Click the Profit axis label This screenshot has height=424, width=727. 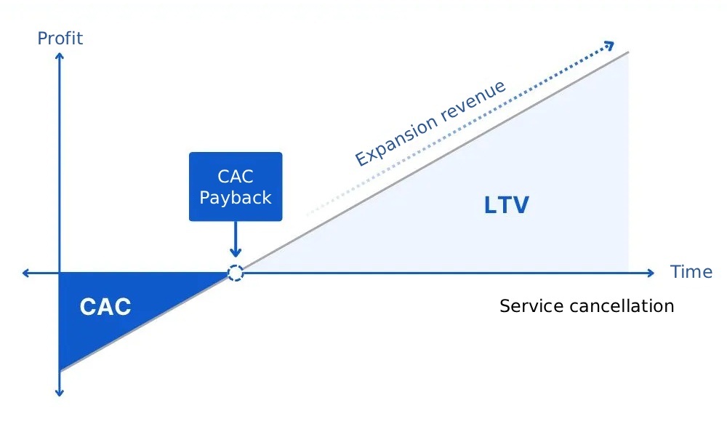click(60, 38)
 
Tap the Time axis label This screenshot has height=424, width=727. click(691, 272)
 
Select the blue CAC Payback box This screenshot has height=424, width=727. click(235, 186)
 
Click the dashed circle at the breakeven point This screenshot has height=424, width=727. click(235, 273)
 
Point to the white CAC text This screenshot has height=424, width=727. click(105, 307)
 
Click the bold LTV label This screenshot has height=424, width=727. click(506, 206)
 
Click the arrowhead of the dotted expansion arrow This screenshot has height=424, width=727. click(610, 46)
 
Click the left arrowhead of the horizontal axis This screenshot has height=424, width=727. click(26, 273)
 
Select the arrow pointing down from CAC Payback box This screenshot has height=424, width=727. click(235, 240)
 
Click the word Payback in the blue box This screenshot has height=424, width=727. click(235, 198)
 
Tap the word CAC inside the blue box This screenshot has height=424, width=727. click(235, 176)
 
